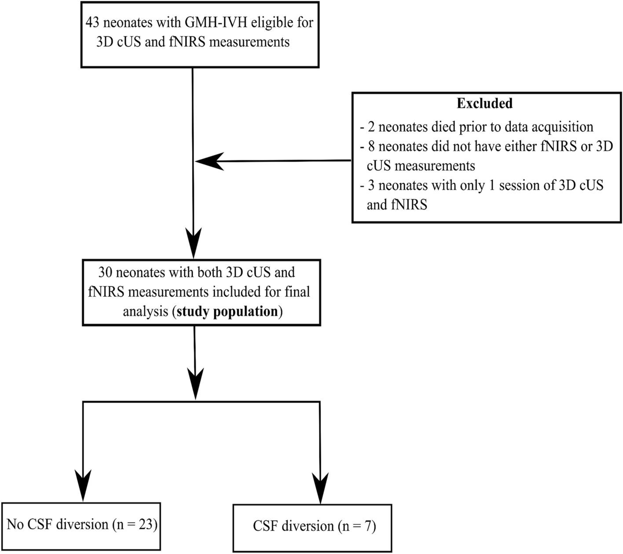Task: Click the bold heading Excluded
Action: [484, 103]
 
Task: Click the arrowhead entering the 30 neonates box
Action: [193, 243]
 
